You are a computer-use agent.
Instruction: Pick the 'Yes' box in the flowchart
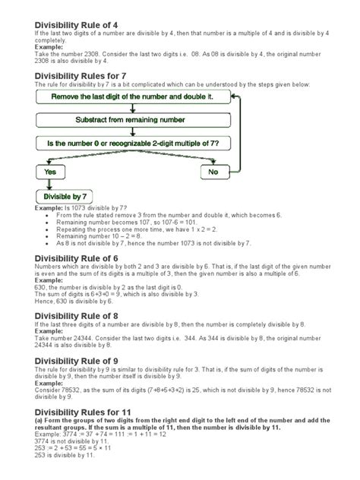(x=52, y=172)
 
